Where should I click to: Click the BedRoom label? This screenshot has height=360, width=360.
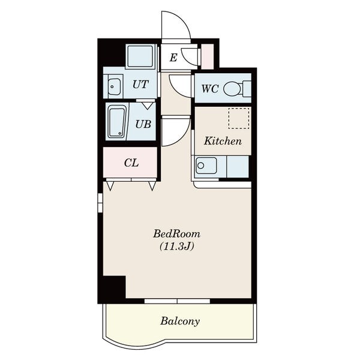pos(176,234)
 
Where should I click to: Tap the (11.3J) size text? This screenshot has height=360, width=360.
pos(176,247)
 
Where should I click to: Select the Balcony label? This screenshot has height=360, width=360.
pos(180,321)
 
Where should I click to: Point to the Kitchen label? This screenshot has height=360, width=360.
pos(223,141)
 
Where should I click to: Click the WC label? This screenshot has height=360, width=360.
pos(210,89)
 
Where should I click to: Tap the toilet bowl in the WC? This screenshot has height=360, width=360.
pos(232,89)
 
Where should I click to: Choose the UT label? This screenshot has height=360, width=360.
pos(140,85)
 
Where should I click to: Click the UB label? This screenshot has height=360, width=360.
pos(143,124)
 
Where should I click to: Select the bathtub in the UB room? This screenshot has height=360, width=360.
pos(117,122)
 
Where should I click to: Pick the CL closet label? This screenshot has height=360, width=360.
pos(131,163)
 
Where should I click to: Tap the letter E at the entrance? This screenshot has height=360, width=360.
pos(173,58)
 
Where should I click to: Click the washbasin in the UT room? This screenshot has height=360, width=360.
pos(114,86)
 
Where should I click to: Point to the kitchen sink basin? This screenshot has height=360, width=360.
pos(206,166)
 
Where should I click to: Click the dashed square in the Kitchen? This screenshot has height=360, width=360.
pos(239,118)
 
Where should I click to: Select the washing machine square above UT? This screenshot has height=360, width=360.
pos(140,56)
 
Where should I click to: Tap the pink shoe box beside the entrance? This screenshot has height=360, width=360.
pos(208,56)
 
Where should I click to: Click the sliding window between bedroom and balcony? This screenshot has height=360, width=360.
pos(177,301)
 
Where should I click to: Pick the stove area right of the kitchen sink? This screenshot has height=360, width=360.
pos(238,166)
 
